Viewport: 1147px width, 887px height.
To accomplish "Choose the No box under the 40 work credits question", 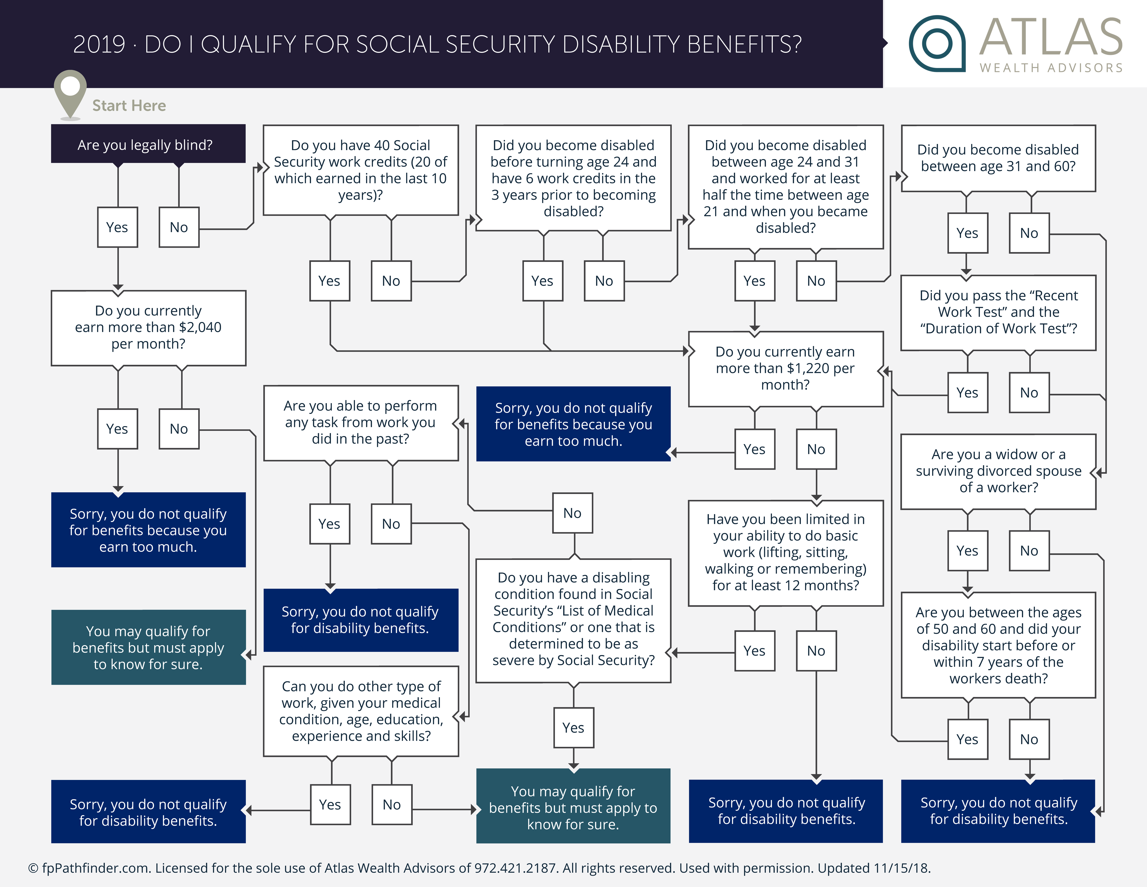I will click(391, 281).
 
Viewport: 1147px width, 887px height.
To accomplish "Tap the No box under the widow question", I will click(1029, 550).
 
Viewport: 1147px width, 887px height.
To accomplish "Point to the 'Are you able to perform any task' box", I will click(360, 422).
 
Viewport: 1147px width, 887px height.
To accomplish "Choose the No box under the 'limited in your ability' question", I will click(816, 651).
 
